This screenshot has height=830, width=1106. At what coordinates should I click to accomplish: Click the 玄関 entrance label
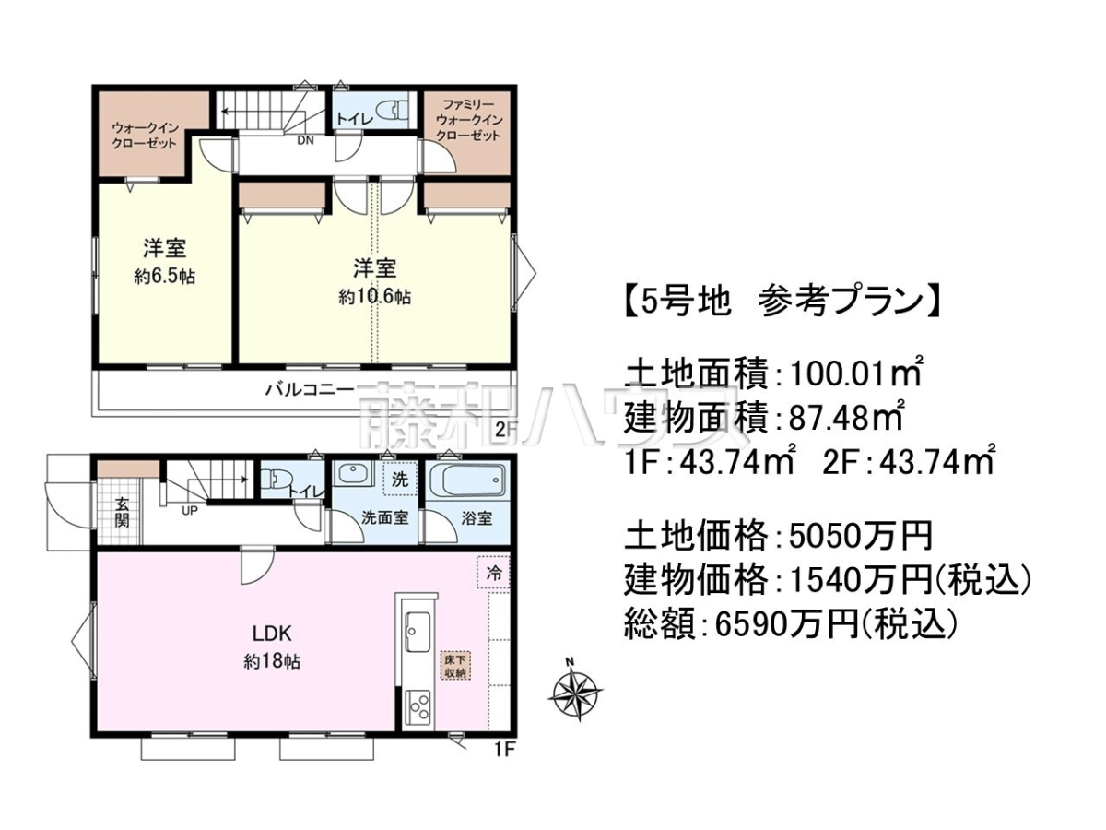(x=122, y=513)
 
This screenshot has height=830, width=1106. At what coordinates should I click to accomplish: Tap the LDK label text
(x=271, y=634)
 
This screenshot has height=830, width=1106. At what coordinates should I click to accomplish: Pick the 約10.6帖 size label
(x=374, y=297)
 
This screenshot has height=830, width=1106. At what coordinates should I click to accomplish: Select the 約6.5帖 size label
(x=165, y=276)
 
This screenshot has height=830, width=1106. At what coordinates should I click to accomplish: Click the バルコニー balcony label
(x=308, y=389)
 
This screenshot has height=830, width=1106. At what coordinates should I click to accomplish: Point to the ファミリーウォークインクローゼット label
(x=468, y=120)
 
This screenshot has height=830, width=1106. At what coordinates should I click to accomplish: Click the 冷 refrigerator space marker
(x=493, y=572)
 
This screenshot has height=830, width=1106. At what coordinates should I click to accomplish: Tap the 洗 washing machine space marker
(x=400, y=479)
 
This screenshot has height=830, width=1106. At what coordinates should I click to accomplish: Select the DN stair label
(x=305, y=140)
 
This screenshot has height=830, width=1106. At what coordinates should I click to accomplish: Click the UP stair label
(x=190, y=511)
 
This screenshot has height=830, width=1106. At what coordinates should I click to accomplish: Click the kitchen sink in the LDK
(x=418, y=632)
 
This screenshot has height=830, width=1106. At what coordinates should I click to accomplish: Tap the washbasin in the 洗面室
(x=352, y=474)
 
